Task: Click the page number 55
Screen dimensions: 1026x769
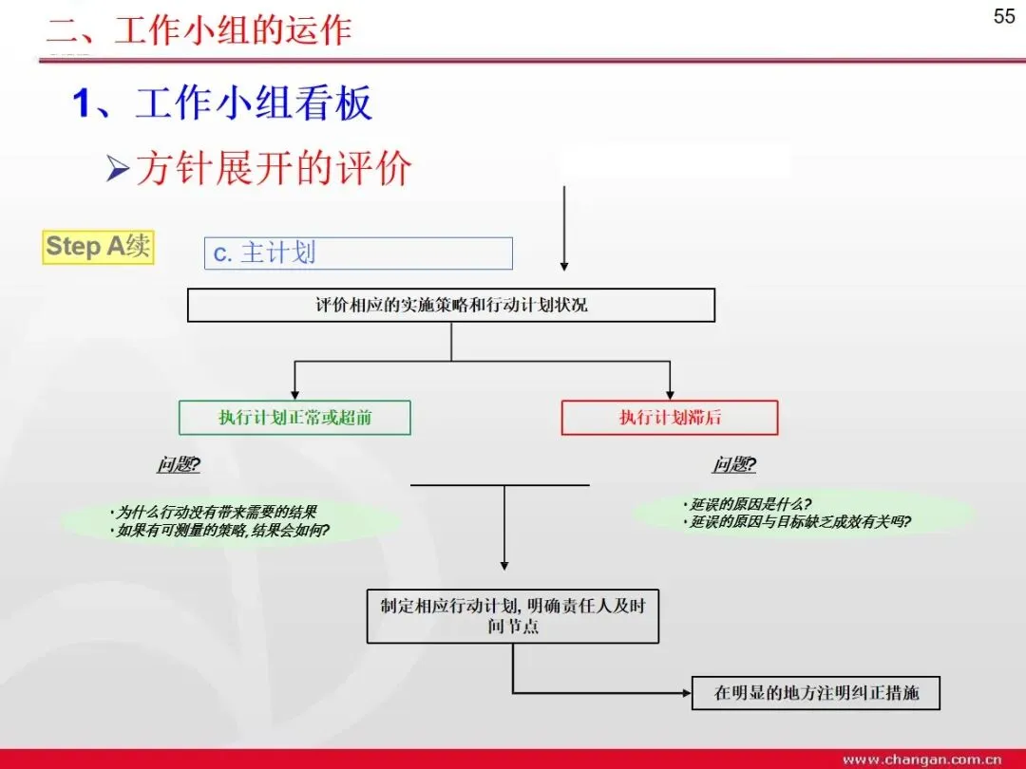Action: pyautogui.click(x=1004, y=16)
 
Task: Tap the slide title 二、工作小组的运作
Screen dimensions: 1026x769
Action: pyautogui.click(x=199, y=30)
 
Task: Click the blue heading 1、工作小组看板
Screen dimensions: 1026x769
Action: pyautogui.click(x=223, y=103)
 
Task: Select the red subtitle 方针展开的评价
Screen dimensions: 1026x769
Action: pyautogui.click(x=274, y=169)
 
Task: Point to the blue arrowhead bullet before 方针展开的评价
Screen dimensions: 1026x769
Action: pyautogui.click(x=117, y=170)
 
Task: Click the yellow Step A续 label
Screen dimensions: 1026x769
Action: pyautogui.click(x=98, y=247)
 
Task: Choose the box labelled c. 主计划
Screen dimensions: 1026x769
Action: pyautogui.click(x=358, y=253)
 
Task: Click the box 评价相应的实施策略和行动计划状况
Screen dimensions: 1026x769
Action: pyautogui.click(x=451, y=306)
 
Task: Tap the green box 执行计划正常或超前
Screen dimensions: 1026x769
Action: pyautogui.click(x=295, y=418)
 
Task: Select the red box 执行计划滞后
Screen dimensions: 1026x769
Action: pyautogui.click(x=670, y=418)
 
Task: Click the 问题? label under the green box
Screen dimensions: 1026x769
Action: pyautogui.click(x=179, y=465)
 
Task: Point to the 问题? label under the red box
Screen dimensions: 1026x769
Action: pyautogui.click(x=734, y=465)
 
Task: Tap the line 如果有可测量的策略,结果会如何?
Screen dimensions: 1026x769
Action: pyautogui.click(x=222, y=531)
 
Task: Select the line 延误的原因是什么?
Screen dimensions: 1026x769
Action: pyautogui.click(x=750, y=504)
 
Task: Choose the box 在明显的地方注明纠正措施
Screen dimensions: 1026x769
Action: pyautogui.click(x=817, y=693)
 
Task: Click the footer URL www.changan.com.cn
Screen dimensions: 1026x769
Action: pyautogui.click(x=921, y=760)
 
